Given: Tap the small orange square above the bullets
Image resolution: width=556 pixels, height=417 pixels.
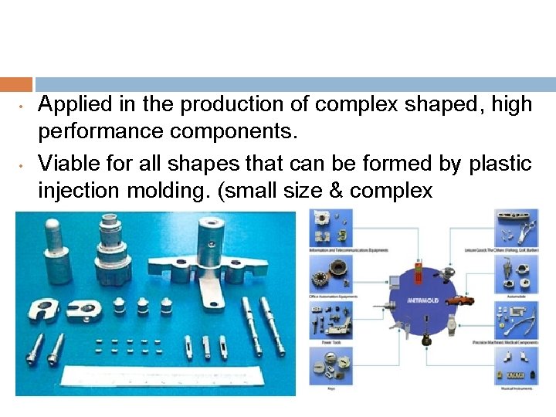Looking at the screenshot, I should click(x=16, y=84).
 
